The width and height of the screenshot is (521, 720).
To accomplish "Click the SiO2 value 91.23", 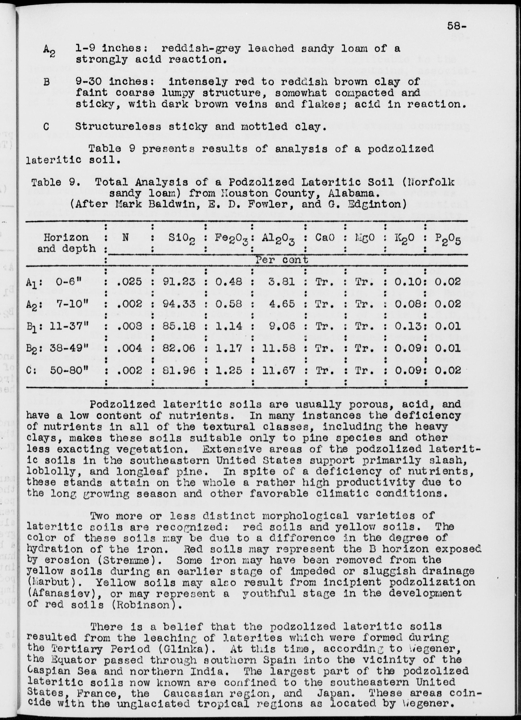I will [x=179, y=282].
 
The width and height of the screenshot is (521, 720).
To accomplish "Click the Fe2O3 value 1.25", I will [x=229, y=371].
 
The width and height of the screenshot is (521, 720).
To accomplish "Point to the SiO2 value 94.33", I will [x=179, y=304].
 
